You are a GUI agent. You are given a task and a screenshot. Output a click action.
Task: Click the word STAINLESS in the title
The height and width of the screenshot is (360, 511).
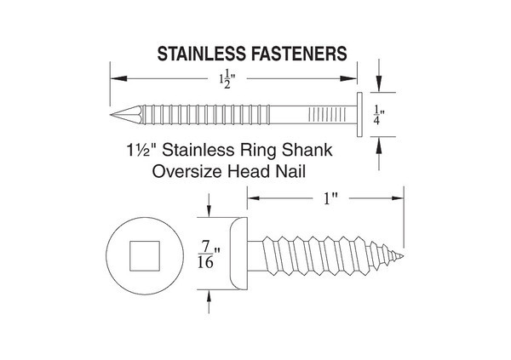pyautogui.click(x=201, y=54)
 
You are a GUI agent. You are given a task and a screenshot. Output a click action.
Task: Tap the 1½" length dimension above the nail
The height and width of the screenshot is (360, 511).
pyautogui.click(x=227, y=79)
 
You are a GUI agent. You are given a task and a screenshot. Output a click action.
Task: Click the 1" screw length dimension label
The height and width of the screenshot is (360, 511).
pyautogui.click(x=330, y=198)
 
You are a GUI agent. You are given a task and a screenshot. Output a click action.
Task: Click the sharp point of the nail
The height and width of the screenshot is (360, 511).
pyautogui.click(x=111, y=115)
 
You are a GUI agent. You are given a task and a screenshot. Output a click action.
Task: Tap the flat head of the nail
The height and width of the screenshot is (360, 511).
pyautogui.click(x=359, y=115)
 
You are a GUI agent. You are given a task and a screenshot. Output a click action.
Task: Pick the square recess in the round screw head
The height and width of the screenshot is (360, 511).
pyautogui.click(x=145, y=256)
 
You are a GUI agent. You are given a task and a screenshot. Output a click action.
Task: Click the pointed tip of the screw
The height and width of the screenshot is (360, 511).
pyautogui.click(x=403, y=256)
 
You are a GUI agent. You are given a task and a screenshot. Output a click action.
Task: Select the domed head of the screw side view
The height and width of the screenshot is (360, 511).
pyautogui.click(x=238, y=254)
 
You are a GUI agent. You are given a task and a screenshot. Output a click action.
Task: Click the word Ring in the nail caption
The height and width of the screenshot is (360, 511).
pyautogui.click(x=258, y=151)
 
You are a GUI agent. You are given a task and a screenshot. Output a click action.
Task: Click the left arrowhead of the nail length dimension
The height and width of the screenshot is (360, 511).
pyautogui.click(x=118, y=79)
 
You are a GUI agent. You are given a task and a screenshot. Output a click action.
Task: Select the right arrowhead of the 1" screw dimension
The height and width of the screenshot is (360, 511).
pyautogui.click(x=398, y=198)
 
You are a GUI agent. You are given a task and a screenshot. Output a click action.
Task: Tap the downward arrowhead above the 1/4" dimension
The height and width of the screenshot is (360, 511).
pyautogui.click(x=379, y=84)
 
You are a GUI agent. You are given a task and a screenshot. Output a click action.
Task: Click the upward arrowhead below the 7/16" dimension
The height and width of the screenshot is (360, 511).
pyautogui.click(x=209, y=297)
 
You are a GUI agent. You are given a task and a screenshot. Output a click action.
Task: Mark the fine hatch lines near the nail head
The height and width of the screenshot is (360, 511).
pyautogui.click(x=327, y=115)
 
